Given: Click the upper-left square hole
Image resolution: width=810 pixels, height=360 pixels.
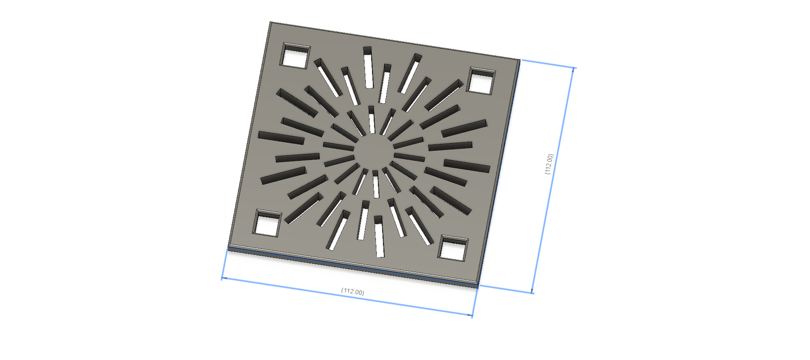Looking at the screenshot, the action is (295, 55).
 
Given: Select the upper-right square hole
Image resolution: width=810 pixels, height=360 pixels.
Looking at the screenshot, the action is (481, 81).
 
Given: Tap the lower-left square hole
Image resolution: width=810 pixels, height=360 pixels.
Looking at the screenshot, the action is (267, 223).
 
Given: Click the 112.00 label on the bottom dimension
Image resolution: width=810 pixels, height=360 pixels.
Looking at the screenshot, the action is (353, 292).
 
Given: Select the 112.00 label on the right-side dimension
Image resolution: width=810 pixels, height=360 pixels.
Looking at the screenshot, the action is (548, 164).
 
